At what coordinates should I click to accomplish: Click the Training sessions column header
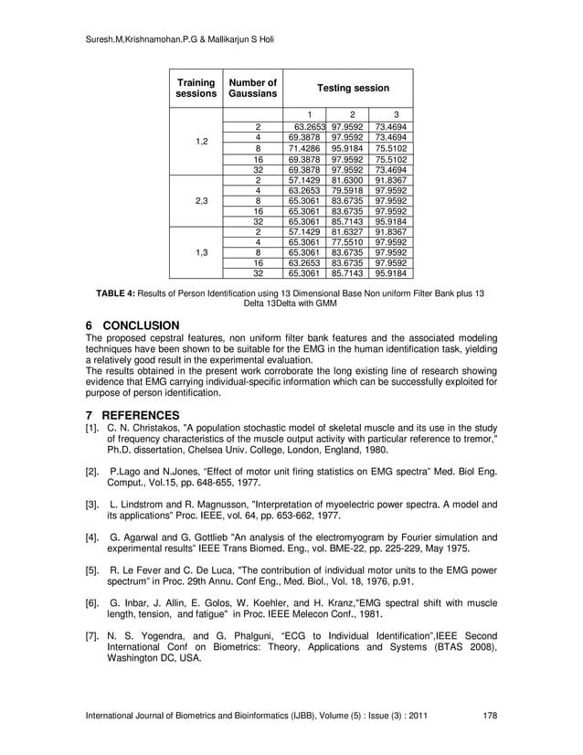(x=196, y=88)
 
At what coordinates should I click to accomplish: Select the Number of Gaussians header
(x=252, y=88)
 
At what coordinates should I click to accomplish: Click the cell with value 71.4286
(x=303, y=148)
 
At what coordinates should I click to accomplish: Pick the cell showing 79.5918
(x=347, y=191)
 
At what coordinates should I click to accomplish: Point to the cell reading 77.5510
(x=347, y=241)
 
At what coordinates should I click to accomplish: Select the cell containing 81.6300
(x=347, y=181)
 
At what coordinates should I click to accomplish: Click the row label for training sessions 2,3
(x=196, y=201)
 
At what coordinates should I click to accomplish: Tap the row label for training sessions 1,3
(x=196, y=251)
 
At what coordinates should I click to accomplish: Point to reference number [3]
(x=91, y=505)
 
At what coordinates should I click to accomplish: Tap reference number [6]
(x=91, y=603)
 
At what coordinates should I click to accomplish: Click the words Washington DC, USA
(x=155, y=658)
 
